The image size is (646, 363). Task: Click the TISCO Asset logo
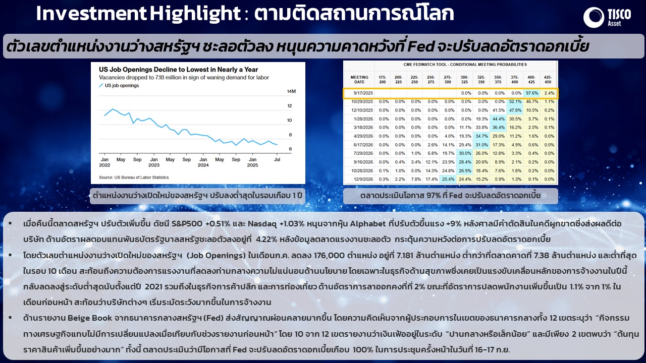pos(607,17)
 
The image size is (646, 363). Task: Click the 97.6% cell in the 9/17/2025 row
pos(532,93)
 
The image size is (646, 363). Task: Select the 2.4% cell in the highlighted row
pos(549,93)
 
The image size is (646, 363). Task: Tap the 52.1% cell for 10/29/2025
pos(515,102)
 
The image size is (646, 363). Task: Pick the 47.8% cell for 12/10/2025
pos(515,110)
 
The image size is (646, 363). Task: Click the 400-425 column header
pos(531,80)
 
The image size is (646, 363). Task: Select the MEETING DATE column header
pos(359,80)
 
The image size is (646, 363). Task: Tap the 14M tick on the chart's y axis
pos(291,91)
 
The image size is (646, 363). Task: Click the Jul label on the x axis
pos(277,160)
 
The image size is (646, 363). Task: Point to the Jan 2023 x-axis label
pos(154,162)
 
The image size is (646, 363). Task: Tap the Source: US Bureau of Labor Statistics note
pos(134,177)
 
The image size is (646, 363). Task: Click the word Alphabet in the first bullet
pos(368,224)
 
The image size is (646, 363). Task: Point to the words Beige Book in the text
pos(90,318)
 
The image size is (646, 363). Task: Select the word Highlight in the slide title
pos(195,14)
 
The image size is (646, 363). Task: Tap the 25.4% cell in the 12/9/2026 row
pos(448,179)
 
